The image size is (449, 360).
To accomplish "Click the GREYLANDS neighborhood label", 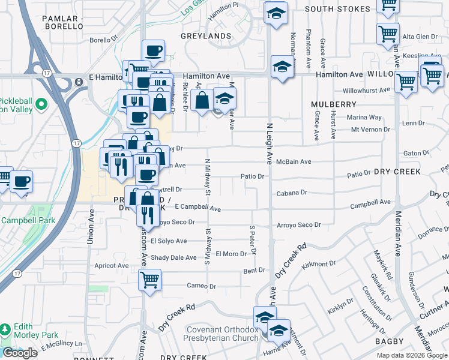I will [x=206, y=36].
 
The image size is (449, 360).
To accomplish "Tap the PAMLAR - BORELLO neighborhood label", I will [x=62, y=23].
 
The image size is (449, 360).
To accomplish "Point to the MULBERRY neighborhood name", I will [x=334, y=104].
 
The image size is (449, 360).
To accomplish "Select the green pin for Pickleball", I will [x=41, y=106].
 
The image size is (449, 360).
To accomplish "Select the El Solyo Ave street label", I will [x=169, y=241].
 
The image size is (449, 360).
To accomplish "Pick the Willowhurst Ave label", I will [x=366, y=91].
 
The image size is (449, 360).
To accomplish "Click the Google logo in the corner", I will [x=20, y=353].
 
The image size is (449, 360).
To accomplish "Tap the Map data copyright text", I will [x=411, y=355].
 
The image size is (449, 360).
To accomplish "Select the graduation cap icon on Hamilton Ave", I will [x=282, y=68].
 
